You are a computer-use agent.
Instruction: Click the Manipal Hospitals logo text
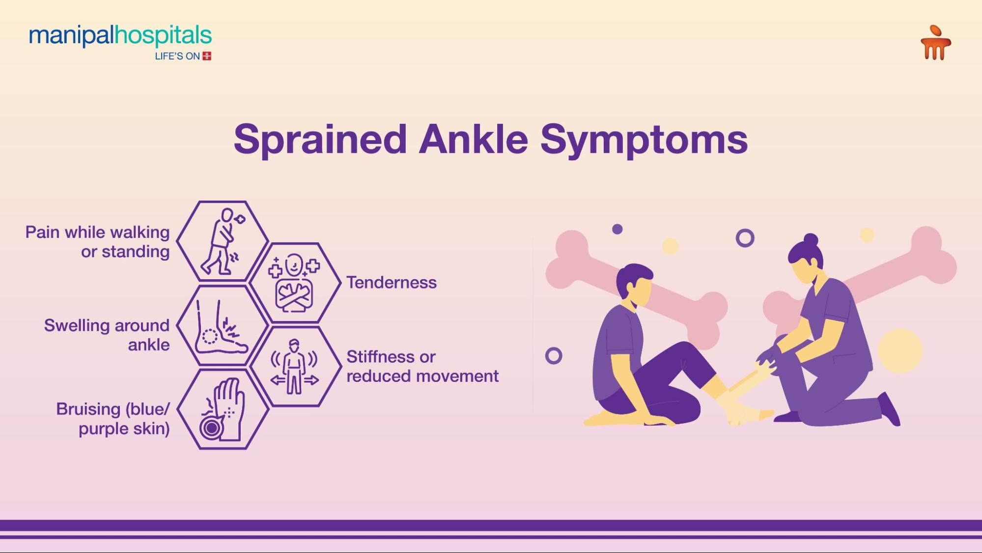120,36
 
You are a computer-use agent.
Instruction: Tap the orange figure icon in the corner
935,43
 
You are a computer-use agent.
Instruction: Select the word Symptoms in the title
644,140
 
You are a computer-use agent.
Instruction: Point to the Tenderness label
392,283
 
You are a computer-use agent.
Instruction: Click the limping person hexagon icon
223,241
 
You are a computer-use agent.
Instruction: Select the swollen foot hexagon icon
223,326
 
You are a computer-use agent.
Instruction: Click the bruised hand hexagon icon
223,409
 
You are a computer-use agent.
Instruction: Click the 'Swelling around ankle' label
107,335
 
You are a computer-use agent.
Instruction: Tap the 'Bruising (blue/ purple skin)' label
112,418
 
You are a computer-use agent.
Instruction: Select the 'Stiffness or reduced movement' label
422,366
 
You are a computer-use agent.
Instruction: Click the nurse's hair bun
811,240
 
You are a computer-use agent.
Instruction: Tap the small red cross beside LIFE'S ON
207,56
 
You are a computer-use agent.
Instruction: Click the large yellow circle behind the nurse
900,350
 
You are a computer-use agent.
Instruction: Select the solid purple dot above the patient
617,229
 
